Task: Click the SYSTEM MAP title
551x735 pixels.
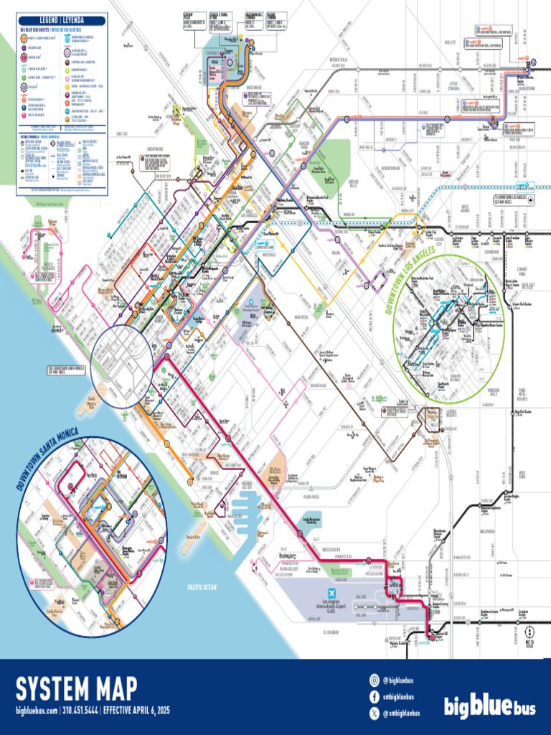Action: (76, 689)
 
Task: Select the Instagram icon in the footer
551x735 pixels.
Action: (374, 680)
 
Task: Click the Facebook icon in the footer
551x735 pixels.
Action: (374, 696)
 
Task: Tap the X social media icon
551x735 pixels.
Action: (374, 713)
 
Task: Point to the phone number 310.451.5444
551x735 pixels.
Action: (80, 711)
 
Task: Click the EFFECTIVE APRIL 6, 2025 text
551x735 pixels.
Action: (136, 711)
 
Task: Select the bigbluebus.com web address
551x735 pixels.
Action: (36, 711)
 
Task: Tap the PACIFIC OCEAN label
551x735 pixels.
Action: (202, 587)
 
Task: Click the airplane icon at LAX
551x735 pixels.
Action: (331, 594)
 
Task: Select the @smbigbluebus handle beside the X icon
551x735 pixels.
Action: (401, 713)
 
